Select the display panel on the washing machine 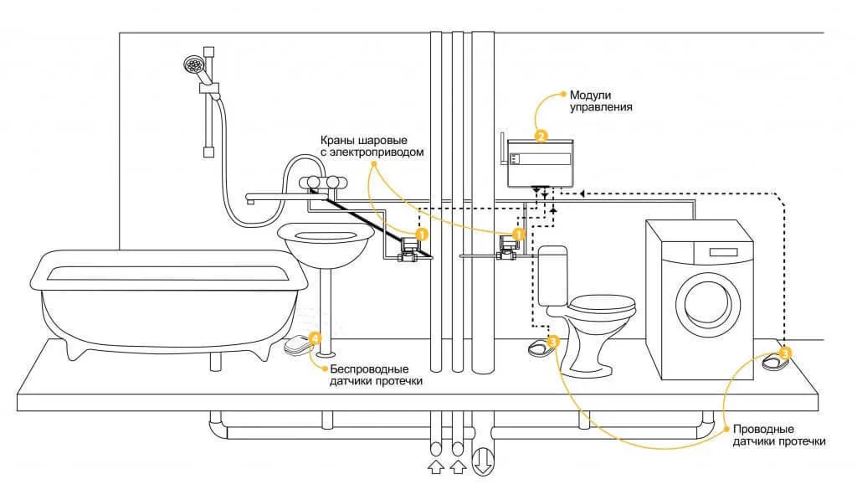tap(723, 252)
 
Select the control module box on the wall tap(540, 163)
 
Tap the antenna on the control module tap(502, 148)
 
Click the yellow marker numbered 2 tap(541, 136)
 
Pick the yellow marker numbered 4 tap(315, 338)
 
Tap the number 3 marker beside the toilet tap(552, 342)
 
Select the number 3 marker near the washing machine tap(783, 353)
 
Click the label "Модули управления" tap(601, 101)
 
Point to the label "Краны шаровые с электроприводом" tap(372, 146)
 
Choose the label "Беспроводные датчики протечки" tap(376, 375)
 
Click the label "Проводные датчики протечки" tap(779, 436)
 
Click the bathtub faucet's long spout tap(280, 197)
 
